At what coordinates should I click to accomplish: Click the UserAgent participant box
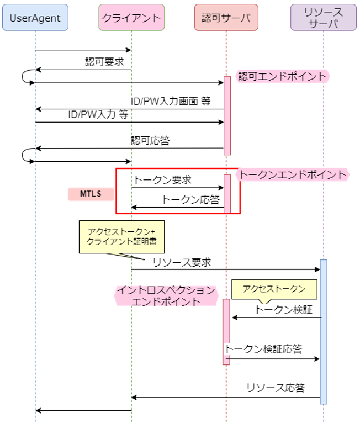(35, 18)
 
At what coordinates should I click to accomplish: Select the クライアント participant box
(131, 18)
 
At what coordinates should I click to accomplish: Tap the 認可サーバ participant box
(226, 18)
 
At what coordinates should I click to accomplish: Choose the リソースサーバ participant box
(324, 18)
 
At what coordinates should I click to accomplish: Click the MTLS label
(91, 194)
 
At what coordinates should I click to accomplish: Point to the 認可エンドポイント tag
(282, 76)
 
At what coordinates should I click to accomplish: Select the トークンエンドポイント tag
(293, 174)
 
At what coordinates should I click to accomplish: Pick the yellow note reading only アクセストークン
(274, 289)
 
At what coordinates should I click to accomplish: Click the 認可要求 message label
(104, 61)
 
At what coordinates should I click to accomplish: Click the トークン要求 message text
(162, 180)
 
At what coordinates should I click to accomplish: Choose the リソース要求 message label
(182, 262)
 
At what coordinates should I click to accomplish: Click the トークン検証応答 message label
(263, 349)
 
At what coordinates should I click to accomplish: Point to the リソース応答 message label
(275, 388)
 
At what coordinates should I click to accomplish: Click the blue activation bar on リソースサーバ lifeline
(324, 331)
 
